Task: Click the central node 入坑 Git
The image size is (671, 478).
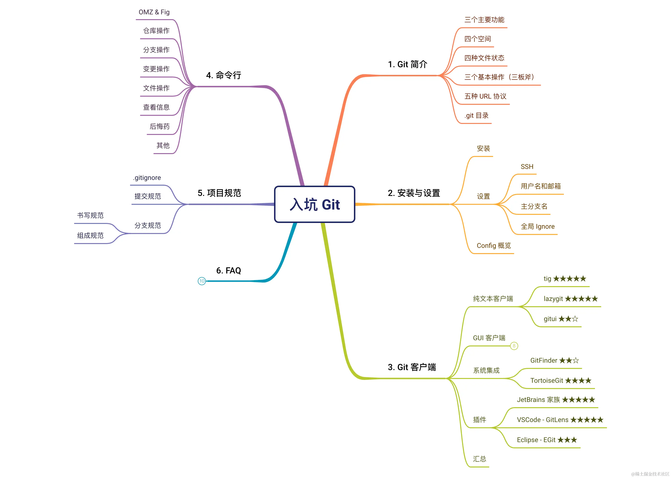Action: coord(314,204)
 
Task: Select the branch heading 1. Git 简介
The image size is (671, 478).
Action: coord(407,64)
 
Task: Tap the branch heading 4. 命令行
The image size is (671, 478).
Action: coord(224,75)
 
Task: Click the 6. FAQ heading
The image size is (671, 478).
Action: coord(229,271)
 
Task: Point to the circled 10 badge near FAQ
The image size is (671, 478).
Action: coord(202,281)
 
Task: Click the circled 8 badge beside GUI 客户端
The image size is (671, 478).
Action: coord(514,346)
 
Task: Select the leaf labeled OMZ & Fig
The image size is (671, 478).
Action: coord(154,12)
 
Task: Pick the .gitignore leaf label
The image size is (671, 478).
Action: coord(147,178)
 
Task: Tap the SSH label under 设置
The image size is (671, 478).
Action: coord(527,167)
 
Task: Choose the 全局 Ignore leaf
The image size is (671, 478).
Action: coord(538,226)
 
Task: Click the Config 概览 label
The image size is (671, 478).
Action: coord(494,245)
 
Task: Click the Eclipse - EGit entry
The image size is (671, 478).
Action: coord(547,440)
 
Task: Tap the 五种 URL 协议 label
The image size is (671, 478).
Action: coord(485,96)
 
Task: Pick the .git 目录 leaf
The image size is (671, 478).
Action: coord(477,115)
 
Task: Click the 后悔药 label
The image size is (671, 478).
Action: coord(160,126)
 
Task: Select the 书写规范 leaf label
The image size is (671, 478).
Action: coord(90,216)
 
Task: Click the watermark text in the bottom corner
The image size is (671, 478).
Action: coord(650,474)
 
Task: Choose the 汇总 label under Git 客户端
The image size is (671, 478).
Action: coord(479,459)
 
